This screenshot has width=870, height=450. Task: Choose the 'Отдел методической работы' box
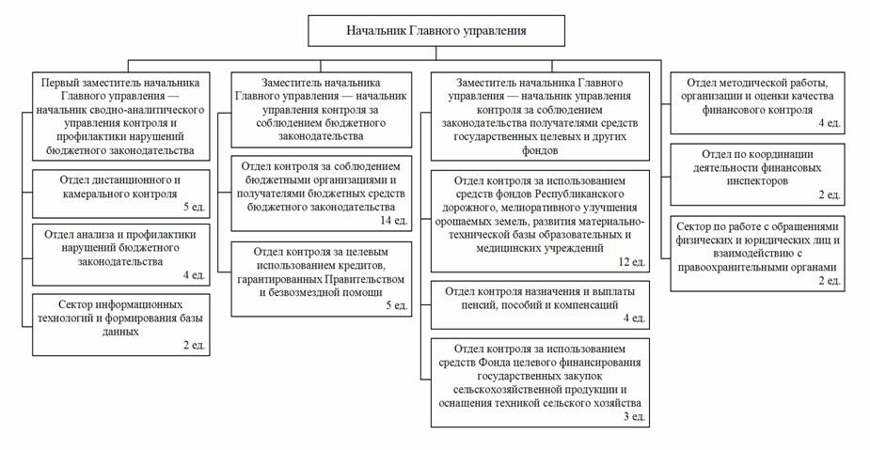coord(762,102)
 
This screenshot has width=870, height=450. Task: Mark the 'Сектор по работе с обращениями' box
coord(762,253)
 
